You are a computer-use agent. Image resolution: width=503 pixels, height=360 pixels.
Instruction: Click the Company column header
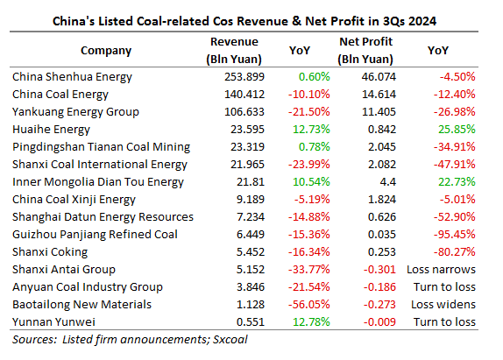point(106,51)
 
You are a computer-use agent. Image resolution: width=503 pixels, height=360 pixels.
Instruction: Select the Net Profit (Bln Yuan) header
point(365,50)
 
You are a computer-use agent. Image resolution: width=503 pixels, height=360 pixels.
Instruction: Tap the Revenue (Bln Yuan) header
point(234,50)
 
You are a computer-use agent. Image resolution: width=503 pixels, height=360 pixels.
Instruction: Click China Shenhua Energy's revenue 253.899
point(244,77)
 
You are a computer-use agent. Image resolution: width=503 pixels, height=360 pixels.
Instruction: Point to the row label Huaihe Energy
point(51,130)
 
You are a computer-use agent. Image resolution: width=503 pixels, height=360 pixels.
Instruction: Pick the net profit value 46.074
point(379,77)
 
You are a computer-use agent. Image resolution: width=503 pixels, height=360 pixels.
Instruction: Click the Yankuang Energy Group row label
point(75,112)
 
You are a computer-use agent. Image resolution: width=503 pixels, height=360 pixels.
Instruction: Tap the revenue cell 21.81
point(251,182)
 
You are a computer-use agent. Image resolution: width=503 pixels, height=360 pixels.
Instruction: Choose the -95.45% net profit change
point(454,235)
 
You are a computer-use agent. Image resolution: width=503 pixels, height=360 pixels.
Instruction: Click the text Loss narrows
point(441,270)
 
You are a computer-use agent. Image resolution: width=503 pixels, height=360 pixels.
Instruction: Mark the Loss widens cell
point(443,305)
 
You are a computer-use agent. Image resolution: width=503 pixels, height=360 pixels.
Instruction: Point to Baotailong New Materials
point(81,305)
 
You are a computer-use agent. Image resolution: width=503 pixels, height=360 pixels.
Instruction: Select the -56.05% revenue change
point(309,305)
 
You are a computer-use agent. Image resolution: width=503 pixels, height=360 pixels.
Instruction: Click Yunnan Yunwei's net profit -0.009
point(379,321)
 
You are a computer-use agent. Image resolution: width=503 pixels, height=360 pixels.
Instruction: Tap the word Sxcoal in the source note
point(230,340)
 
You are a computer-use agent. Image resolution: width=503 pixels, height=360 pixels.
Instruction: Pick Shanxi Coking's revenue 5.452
point(251,252)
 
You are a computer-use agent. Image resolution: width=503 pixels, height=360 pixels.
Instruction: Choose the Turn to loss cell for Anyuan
point(444,287)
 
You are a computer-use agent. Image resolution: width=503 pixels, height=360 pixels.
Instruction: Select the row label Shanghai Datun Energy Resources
point(103,217)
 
